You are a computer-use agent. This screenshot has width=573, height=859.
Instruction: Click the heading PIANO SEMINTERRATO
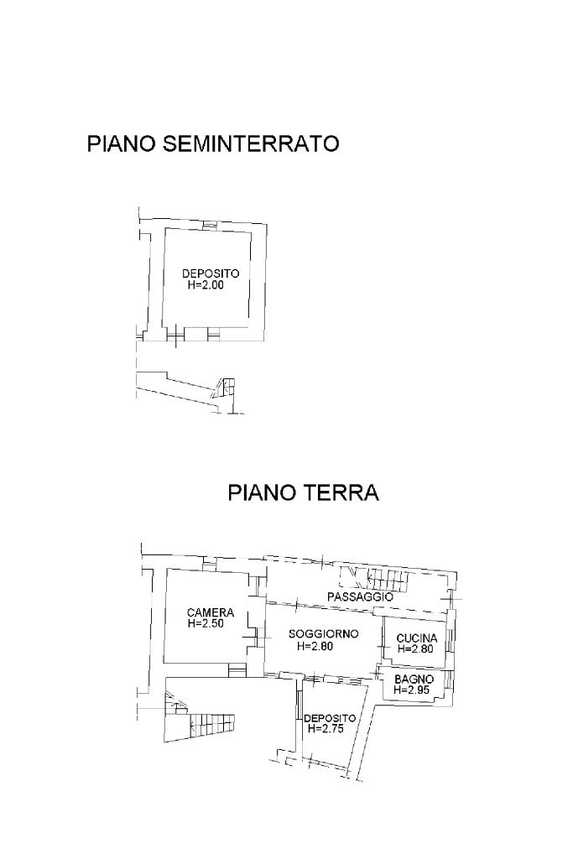pos(213,143)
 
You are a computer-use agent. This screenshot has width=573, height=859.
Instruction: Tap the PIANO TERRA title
pos(303,492)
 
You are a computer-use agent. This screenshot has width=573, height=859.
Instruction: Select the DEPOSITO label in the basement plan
pos(211,273)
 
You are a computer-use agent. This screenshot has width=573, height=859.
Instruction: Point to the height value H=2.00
pos(206,285)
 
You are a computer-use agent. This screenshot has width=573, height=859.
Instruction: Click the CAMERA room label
pos(211,612)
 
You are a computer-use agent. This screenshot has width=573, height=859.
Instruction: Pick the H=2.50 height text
pos(206,623)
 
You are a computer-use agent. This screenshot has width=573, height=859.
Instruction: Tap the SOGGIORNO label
pos(324,634)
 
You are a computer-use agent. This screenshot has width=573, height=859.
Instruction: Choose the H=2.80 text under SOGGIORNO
pos(315,646)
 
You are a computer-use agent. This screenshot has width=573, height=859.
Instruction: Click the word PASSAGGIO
pos(360,596)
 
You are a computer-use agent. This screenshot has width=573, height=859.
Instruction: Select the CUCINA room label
pos(417,638)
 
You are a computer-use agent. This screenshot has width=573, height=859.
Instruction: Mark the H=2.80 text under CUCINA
pos(416,649)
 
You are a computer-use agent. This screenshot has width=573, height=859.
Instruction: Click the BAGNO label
pos(414,679)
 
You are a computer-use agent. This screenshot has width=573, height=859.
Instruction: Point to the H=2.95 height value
pos(412,690)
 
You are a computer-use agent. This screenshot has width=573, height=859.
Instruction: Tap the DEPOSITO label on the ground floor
pos(330,718)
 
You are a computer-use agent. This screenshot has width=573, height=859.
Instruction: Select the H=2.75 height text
pos(326,729)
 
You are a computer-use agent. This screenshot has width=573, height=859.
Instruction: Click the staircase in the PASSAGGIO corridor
pos(375,579)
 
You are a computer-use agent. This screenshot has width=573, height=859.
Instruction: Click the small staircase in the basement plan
pos(225,388)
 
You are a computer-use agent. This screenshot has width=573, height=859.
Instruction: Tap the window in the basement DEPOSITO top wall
pos(209,225)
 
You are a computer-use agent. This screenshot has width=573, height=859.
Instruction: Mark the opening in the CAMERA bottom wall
pos(237,669)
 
